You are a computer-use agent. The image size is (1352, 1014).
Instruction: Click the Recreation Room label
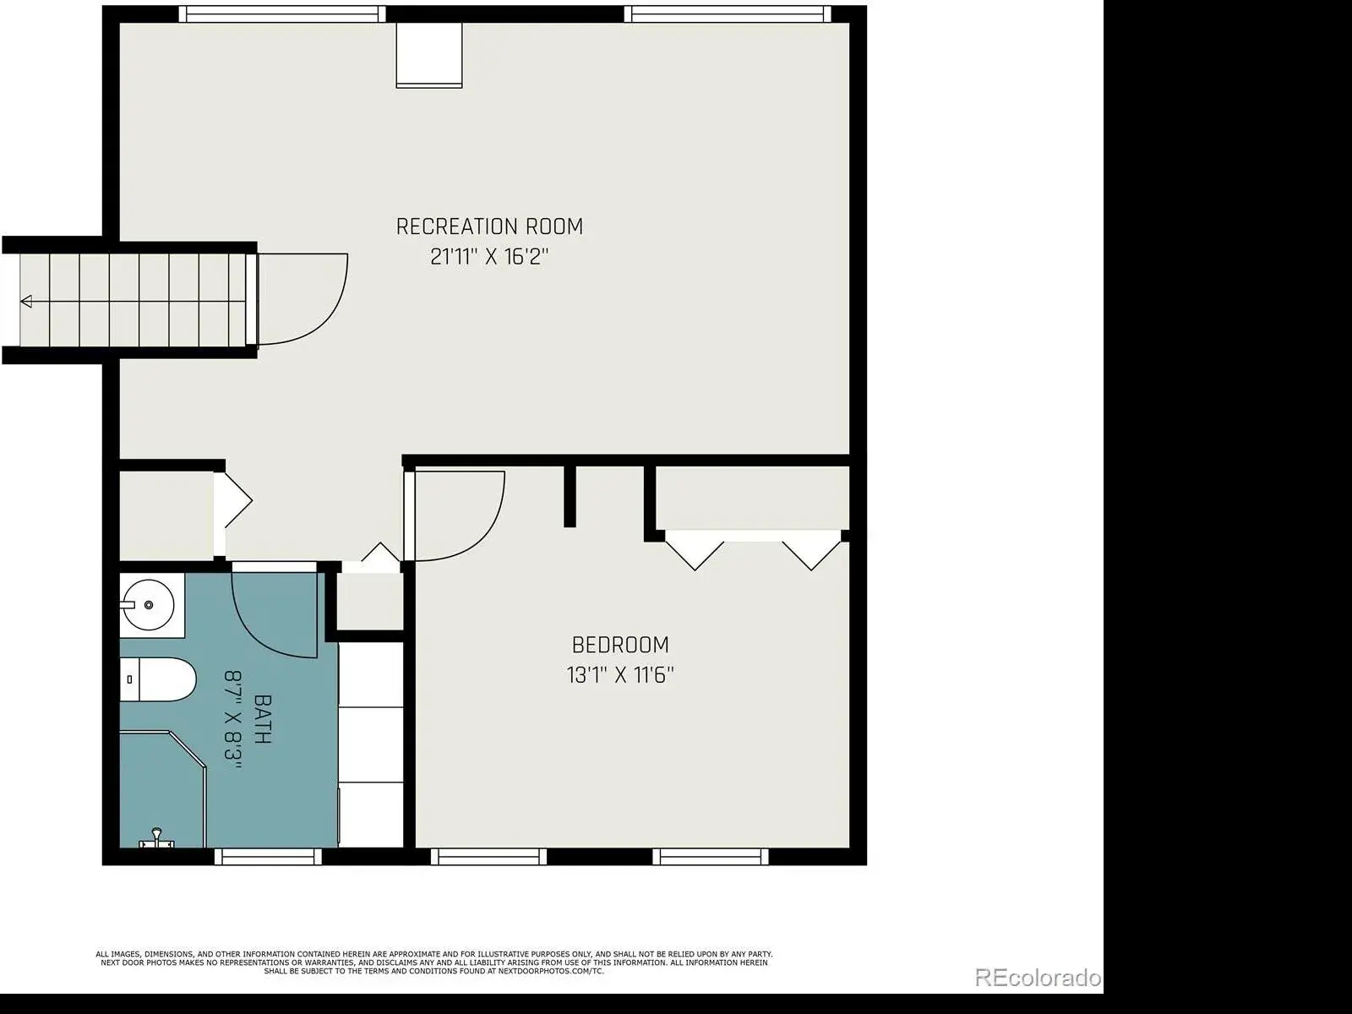pos(489,226)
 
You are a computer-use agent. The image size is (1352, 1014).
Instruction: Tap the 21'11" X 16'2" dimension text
pos(489,256)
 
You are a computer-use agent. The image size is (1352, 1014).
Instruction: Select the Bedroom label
pos(620,646)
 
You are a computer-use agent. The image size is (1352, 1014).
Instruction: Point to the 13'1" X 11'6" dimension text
pos(620,675)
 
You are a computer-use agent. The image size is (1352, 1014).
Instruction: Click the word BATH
pos(263,719)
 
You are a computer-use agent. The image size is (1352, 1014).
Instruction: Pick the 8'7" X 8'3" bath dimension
pos(233,719)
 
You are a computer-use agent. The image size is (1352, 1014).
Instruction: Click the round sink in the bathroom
pos(148,605)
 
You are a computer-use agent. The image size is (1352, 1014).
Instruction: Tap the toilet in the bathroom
pos(158,679)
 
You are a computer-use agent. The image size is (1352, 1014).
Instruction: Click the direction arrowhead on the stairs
pos(26,301)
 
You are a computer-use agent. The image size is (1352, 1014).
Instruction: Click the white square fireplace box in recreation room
pos(428,56)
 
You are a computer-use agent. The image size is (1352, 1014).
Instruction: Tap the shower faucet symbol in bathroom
pos(156,838)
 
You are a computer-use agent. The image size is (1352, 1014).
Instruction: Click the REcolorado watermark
pos(1038,977)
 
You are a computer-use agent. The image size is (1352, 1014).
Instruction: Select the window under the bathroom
pos(268,856)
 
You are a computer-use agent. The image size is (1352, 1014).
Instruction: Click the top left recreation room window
pos(282,14)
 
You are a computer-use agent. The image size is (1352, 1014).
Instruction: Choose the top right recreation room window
pos(727,14)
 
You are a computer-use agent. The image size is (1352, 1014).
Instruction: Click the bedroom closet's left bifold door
pos(695,550)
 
